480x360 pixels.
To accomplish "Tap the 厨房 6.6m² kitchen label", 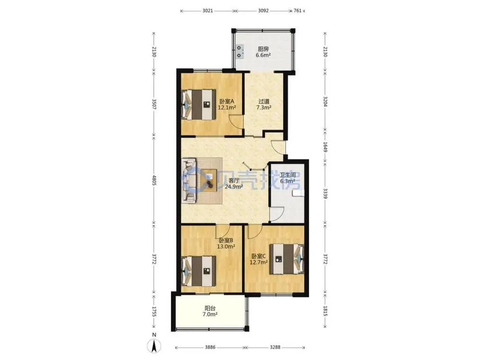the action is [263, 52].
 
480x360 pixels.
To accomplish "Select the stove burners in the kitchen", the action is [240, 52].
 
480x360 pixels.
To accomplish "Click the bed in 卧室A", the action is [198, 104].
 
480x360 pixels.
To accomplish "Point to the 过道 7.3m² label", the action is [264, 104].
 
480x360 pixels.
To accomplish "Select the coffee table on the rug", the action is [209, 180].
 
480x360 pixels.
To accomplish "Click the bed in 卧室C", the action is [287, 259].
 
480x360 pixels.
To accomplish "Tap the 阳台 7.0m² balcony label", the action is [210, 311].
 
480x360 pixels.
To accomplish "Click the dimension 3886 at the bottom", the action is [210, 347].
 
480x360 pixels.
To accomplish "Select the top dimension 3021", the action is [207, 11].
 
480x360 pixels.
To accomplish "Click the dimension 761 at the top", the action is [298, 11].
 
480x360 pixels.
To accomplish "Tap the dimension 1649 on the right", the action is [325, 149].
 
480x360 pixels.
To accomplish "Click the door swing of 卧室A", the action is [236, 122].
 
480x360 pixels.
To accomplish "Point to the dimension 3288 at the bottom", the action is [275, 347].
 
